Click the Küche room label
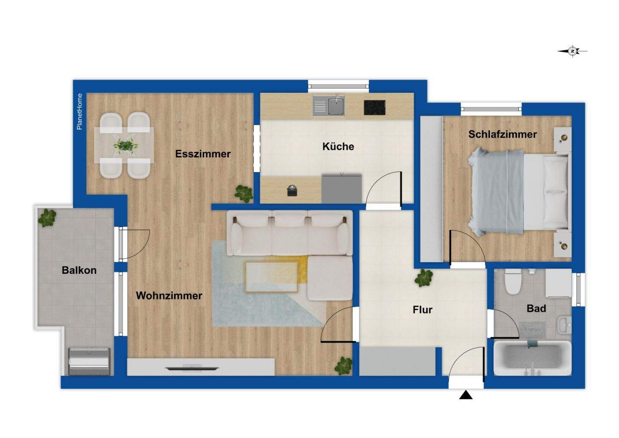(338, 147)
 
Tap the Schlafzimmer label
(503, 135)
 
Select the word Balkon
(79, 270)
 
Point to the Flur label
(422, 309)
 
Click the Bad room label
(536, 308)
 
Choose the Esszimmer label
(203, 154)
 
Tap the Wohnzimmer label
(169, 296)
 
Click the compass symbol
(573, 51)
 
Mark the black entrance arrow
(466, 395)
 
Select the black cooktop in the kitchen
(374, 107)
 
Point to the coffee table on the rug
(272, 276)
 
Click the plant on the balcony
(47, 217)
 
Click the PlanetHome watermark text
(80, 112)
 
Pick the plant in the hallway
(424, 278)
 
